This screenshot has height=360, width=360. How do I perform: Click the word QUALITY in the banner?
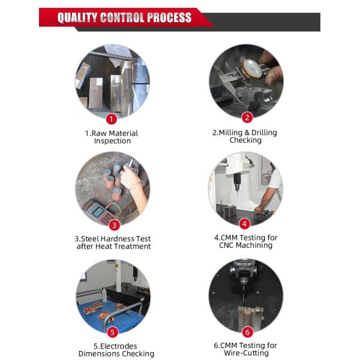click(x=77, y=17)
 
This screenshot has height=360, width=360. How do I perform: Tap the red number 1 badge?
click(x=112, y=119)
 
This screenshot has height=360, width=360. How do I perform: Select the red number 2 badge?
click(x=247, y=118)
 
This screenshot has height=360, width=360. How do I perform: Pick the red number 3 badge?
click(x=114, y=225)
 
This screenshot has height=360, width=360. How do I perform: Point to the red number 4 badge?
click(x=245, y=224)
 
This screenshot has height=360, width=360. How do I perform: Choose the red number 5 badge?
click(x=113, y=332)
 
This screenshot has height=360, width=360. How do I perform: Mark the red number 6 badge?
click(x=247, y=332)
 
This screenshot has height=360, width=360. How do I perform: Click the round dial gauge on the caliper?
click(x=252, y=69)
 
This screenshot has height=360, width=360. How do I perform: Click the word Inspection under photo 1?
click(x=113, y=141)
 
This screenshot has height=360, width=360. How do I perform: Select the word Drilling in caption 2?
click(x=264, y=133)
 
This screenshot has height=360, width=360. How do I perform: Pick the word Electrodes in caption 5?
click(x=118, y=346)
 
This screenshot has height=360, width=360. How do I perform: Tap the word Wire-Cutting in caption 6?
click(x=246, y=353)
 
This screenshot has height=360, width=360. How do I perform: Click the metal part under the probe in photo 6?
click(x=250, y=316)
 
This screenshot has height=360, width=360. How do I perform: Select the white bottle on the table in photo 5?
click(x=104, y=295)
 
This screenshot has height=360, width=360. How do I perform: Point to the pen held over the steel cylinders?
click(x=131, y=163)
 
